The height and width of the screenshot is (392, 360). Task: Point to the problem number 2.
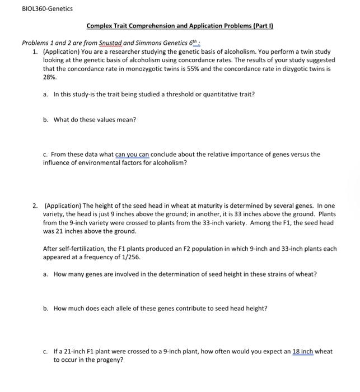pyautogui.click(x=35, y=207)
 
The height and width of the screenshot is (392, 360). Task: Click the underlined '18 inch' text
pyautogui.click(x=303, y=352)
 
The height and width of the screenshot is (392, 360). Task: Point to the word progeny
pyautogui.click(x=110, y=360)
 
